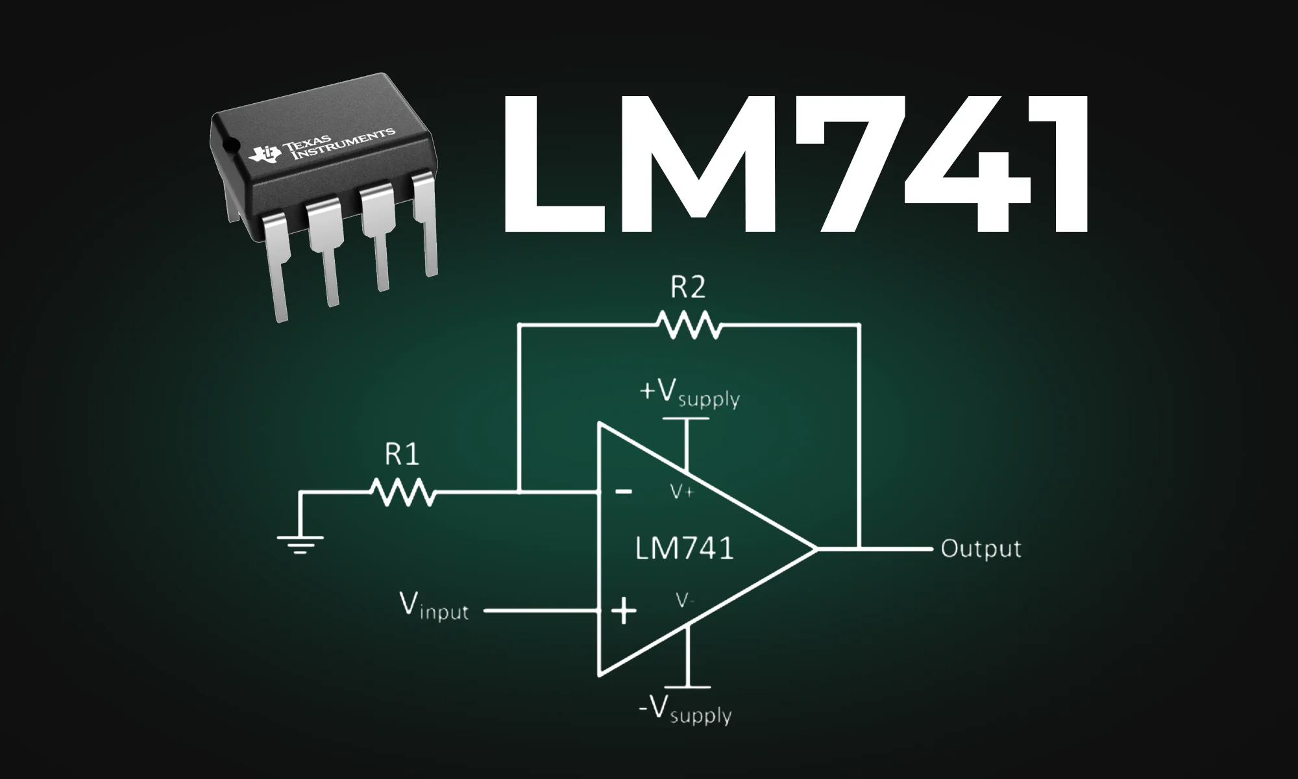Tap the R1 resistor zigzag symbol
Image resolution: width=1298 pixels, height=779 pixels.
tap(402, 493)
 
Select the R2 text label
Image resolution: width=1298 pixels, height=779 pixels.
tap(687, 287)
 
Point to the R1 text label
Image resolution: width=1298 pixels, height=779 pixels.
tap(402, 454)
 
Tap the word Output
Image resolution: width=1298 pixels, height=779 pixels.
tap(981, 549)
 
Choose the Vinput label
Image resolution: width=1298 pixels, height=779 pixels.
tap(434, 608)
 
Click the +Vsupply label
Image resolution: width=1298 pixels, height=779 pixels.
tap(689, 393)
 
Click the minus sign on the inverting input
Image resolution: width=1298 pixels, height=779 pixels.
tap(624, 491)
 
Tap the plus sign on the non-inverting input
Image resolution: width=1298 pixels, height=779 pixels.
tap(624, 611)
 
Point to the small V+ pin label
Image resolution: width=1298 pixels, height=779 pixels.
tap(682, 492)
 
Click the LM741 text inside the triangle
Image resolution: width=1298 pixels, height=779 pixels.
tap(684, 549)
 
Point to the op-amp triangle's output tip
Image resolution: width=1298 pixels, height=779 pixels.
tap(815, 549)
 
